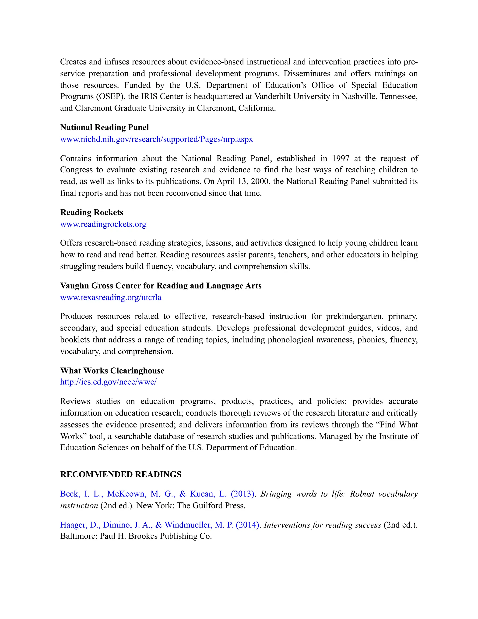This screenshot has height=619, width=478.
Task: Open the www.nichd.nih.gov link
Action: pyautogui.click(x=156, y=139)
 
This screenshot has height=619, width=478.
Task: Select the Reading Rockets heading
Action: pyautogui.click(x=91, y=212)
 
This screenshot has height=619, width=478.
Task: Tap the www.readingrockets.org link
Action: pyautogui.click(x=103, y=224)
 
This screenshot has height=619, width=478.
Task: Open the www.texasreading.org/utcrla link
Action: pyautogui.click(x=110, y=297)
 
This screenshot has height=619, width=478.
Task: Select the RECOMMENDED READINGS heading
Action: pyautogui.click(x=121, y=474)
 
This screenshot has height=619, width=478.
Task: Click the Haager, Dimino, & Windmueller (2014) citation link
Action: pyautogui.click(x=160, y=525)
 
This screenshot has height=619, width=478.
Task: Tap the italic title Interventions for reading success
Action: pyautogui.click(x=322, y=525)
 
